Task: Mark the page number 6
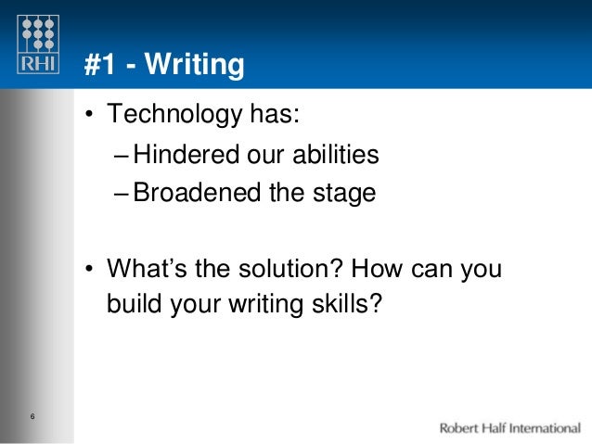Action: tap(32, 414)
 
